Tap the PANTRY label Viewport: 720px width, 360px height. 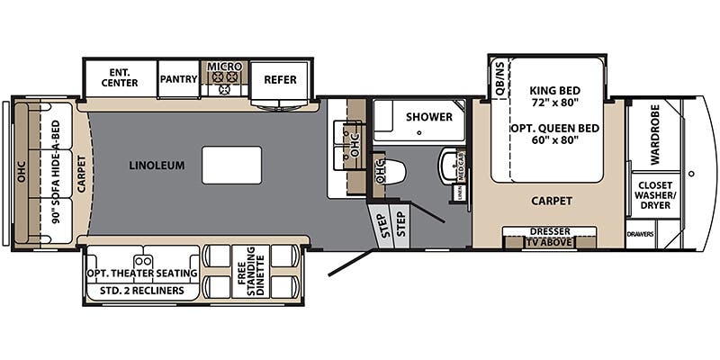pos(179,79)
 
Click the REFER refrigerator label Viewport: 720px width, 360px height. pos(280,79)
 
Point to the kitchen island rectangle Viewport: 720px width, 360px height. pos(231,166)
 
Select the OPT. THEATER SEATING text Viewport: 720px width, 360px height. pos(142,274)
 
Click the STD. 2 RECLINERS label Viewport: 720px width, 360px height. pos(142,291)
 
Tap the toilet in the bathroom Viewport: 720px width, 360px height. pos(392,171)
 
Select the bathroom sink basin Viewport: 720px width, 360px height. pos(449,167)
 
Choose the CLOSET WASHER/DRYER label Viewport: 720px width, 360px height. pos(655,193)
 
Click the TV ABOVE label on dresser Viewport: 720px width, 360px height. pos(549,241)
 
